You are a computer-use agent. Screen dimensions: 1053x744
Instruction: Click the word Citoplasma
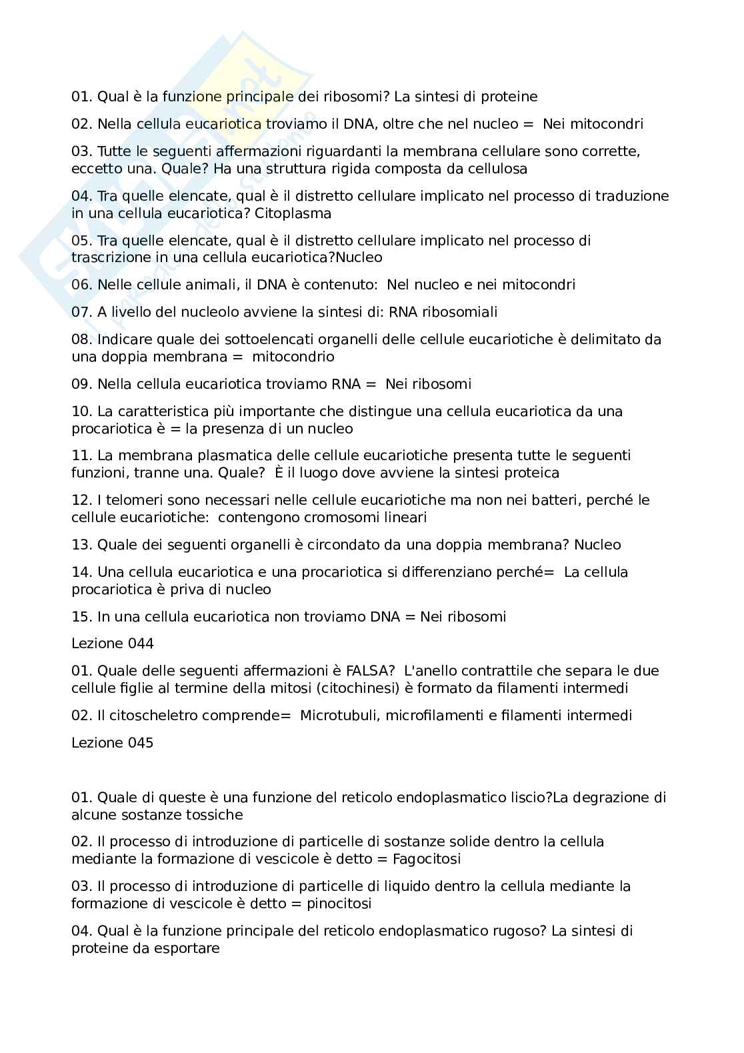point(293,213)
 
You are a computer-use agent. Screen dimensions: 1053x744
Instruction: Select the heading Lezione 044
point(113,644)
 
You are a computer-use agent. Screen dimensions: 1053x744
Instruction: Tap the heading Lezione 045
point(113,743)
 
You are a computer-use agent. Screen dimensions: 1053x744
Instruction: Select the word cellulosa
point(494,169)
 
